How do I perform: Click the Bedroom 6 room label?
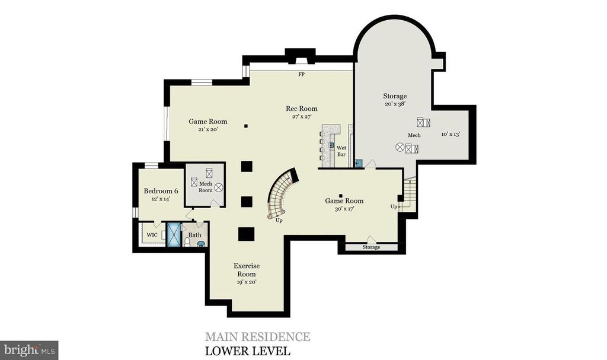[x=161, y=190]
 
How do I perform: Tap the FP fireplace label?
[x=302, y=74]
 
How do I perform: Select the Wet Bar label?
[x=341, y=151]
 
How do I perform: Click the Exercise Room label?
[x=247, y=270]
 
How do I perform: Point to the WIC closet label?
[x=152, y=235]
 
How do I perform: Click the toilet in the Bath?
[x=187, y=242]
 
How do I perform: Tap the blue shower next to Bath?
[x=174, y=234]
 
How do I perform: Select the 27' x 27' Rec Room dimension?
[x=301, y=117]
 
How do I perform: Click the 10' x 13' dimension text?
[x=451, y=134]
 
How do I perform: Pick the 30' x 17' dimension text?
[x=344, y=209]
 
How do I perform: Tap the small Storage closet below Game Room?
[x=371, y=247]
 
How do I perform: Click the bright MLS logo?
[x=30, y=351]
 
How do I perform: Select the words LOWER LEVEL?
[x=247, y=351]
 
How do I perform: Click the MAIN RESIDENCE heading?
[x=257, y=336]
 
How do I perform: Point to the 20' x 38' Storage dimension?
[x=395, y=104]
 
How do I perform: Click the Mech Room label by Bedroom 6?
[x=206, y=187]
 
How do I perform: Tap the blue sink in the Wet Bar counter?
[x=332, y=145]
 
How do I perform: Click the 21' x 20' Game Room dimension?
[x=208, y=129]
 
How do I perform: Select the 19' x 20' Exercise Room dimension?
[x=247, y=282]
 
